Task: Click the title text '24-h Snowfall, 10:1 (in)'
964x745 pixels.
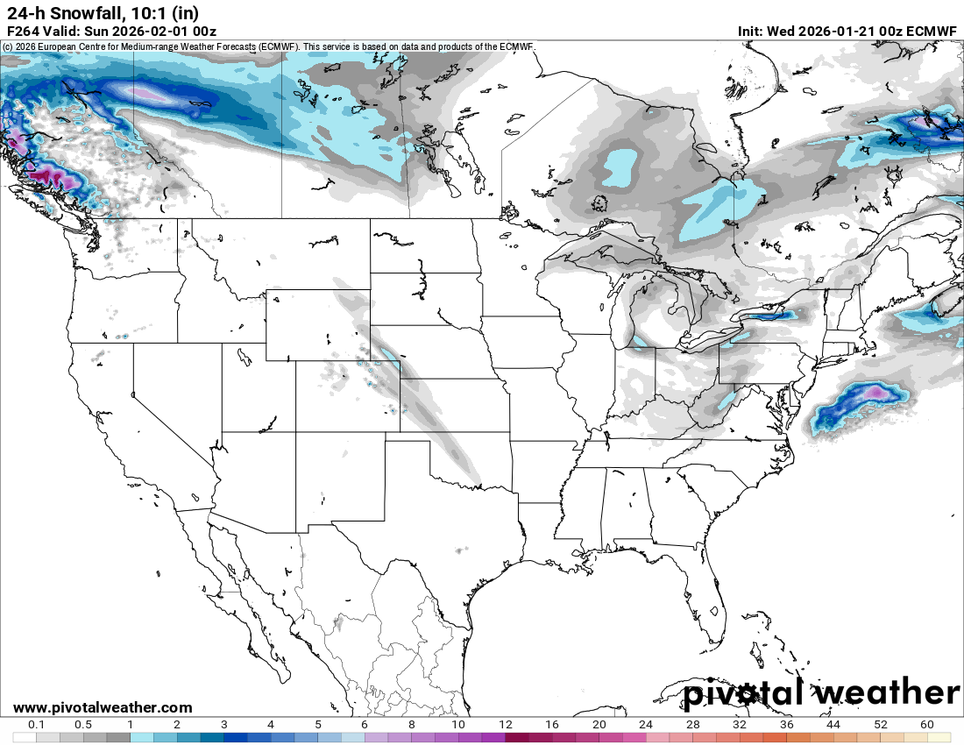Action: coord(102,12)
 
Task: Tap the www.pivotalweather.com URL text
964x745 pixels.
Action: coord(103,707)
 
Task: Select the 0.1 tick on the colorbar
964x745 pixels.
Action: coord(37,725)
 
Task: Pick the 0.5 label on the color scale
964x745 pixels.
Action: coord(83,725)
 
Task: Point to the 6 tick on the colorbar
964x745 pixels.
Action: coord(365,725)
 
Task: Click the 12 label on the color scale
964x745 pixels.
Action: coord(506,725)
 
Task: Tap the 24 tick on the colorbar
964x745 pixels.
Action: coord(646,725)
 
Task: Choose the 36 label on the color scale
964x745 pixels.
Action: coord(787,725)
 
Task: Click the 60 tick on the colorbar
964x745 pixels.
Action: coord(927,725)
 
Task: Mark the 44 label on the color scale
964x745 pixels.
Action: coord(833,725)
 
